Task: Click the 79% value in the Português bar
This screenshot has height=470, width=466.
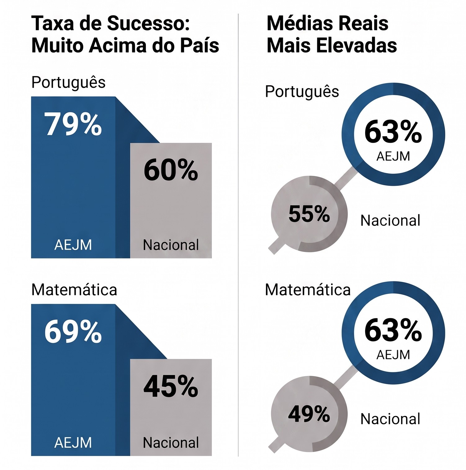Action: click(x=73, y=124)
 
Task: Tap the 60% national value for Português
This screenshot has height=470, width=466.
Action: click(x=171, y=170)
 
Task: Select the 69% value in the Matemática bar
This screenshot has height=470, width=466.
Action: click(x=73, y=332)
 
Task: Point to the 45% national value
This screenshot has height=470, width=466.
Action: click(x=171, y=386)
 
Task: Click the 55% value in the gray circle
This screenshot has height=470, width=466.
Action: click(x=309, y=214)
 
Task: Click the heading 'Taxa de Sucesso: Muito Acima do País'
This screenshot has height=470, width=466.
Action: click(x=125, y=34)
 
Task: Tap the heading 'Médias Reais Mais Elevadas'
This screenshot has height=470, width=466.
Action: click(x=332, y=34)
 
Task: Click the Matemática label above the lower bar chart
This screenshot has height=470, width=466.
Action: click(x=74, y=290)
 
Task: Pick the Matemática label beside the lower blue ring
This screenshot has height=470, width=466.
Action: click(x=308, y=290)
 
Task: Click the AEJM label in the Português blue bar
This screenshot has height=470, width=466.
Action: click(x=73, y=245)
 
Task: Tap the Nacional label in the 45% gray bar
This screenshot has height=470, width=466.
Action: click(x=171, y=443)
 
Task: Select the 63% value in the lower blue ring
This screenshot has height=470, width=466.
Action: click(x=393, y=330)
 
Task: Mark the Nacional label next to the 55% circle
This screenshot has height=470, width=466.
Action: click(x=390, y=221)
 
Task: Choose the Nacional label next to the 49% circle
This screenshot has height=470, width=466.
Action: click(x=390, y=419)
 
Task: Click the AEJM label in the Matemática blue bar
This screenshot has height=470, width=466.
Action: click(x=73, y=443)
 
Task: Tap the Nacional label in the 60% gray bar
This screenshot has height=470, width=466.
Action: click(x=171, y=245)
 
